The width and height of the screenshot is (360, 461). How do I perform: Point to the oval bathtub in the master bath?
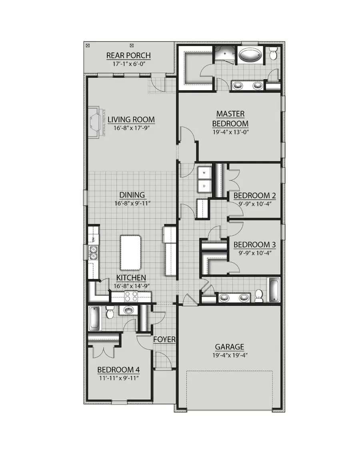(x=251, y=55)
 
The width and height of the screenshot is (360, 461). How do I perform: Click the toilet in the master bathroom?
(x=273, y=53)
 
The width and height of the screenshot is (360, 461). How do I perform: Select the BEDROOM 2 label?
(x=255, y=196)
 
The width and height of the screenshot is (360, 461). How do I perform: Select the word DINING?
(x=132, y=195)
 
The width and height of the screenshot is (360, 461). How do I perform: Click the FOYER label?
(x=164, y=339)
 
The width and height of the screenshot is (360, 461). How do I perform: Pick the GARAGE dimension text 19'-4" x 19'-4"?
(x=230, y=355)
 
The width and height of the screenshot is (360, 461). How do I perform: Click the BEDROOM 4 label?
(x=119, y=369)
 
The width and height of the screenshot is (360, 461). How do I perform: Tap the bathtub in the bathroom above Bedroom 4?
(x=95, y=318)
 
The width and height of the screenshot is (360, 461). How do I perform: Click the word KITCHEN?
(x=131, y=278)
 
